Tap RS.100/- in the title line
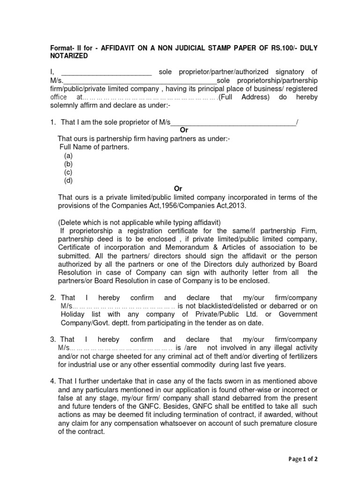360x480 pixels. [x=277, y=47]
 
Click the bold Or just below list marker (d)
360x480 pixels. [x=178, y=189]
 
